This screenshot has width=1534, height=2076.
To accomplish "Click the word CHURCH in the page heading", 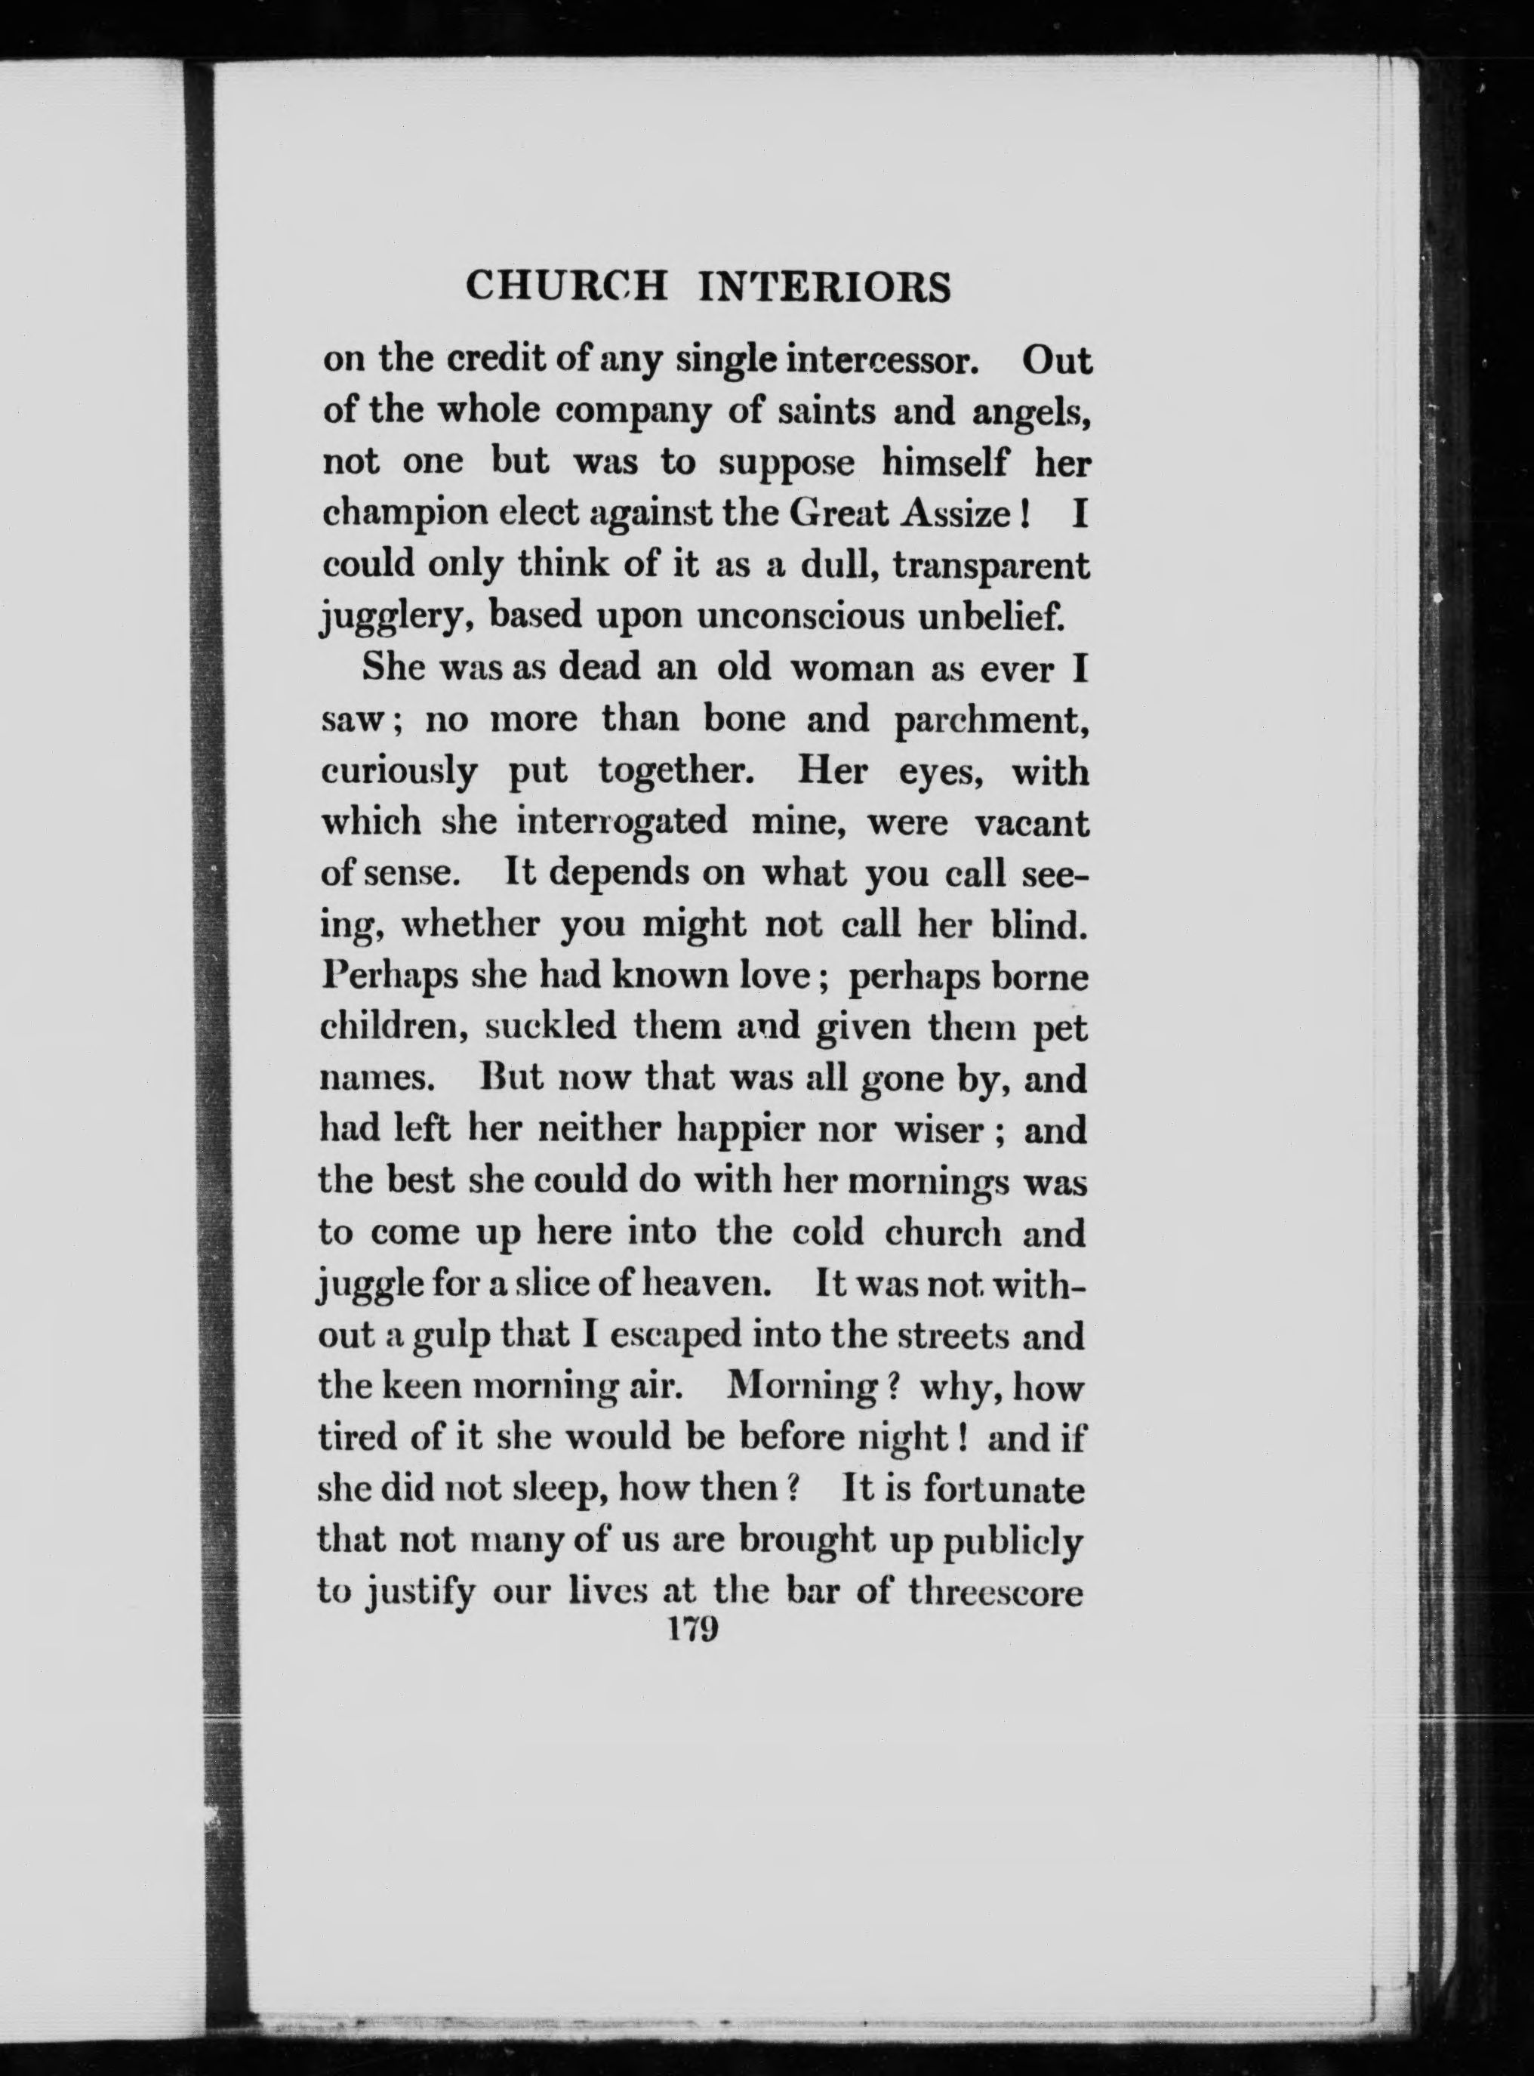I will tap(565, 287).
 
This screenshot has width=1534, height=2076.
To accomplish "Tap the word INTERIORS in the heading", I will tap(824, 287).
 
